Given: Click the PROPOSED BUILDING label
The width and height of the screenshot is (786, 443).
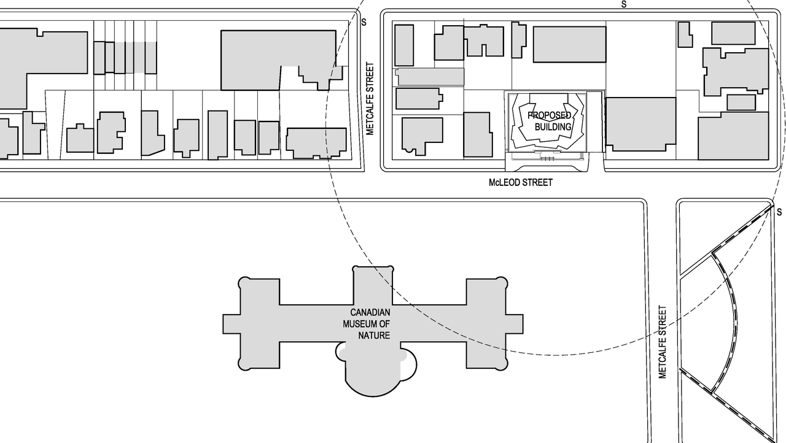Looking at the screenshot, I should tap(550, 121).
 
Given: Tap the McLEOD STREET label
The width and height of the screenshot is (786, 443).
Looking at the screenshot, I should tap(520, 182).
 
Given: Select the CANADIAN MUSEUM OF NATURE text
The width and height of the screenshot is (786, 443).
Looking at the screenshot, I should tap(367, 323).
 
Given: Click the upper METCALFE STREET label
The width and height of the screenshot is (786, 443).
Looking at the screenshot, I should tap(370, 98).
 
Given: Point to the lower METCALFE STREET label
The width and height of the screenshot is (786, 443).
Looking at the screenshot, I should tap(663, 342).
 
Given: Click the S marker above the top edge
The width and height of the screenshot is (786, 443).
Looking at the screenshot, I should tap(624, 4).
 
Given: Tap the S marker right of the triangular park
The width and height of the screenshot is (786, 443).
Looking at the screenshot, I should tap(779, 212).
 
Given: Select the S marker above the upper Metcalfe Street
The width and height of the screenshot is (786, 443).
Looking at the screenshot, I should tap(364, 23).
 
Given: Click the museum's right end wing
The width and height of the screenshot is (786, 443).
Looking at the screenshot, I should tap(486, 323).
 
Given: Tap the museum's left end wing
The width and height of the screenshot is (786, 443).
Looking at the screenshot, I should tap(259, 323).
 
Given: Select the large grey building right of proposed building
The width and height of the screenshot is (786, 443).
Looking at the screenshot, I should tap(640, 124).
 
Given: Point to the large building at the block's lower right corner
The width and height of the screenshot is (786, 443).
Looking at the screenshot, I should tap(733, 136).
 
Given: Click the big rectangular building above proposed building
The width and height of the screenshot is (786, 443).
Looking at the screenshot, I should tap(569, 44).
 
